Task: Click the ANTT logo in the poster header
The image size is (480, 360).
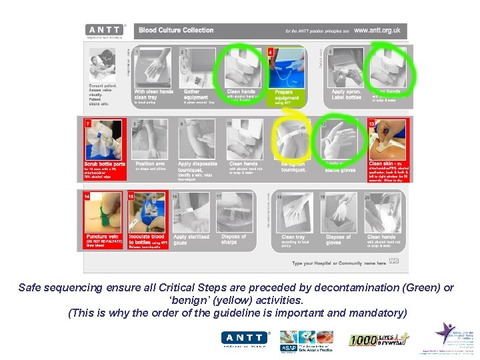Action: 105,30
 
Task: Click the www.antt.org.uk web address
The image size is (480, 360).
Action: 377,30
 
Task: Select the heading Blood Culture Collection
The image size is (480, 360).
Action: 176,30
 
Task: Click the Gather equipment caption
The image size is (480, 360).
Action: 193,95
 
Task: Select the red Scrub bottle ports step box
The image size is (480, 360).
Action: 105,150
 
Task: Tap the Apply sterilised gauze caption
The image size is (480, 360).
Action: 191,239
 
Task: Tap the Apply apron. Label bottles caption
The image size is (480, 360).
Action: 346,95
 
